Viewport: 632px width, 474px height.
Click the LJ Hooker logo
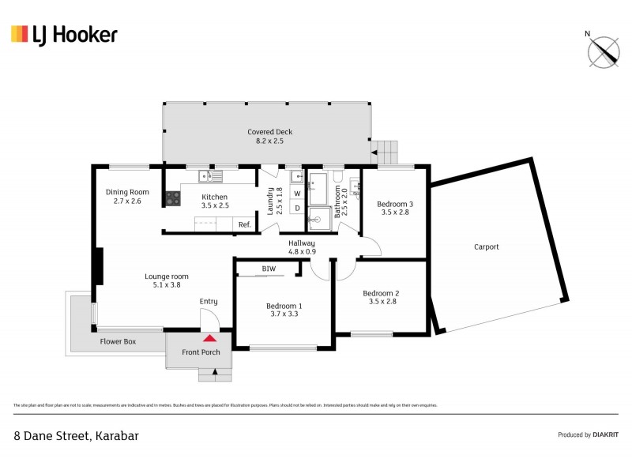click(x=64, y=34)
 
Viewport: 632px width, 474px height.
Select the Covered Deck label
click(x=265, y=136)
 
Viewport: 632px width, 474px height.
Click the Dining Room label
click(x=127, y=196)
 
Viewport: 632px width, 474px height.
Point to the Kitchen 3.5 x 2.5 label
click(x=214, y=201)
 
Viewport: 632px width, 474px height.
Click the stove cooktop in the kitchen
click(x=172, y=199)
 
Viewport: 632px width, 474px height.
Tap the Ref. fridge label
click(x=245, y=225)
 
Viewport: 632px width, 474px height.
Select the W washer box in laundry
click(x=297, y=193)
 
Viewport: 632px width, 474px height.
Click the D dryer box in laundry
click(x=297, y=209)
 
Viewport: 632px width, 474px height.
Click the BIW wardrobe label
click(x=269, y=269)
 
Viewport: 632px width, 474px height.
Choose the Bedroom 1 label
click(x=284, y=310)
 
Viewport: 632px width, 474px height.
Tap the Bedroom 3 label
click(x=397, y=208)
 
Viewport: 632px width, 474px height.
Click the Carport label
click(x=487, y=246)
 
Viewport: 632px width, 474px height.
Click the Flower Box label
click(x=118, y=342)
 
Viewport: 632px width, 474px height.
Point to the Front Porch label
click(x=201, y=352)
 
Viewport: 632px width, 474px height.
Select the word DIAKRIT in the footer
click(x=605, y=434)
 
